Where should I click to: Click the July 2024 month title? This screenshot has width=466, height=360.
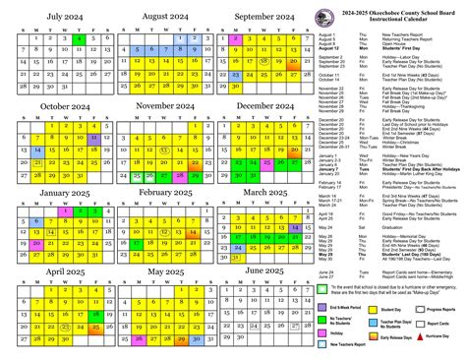tap(57, 17)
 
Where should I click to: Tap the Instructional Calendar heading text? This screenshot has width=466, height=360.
tap(395, 21)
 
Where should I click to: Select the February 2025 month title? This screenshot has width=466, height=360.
tap(160, 194)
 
